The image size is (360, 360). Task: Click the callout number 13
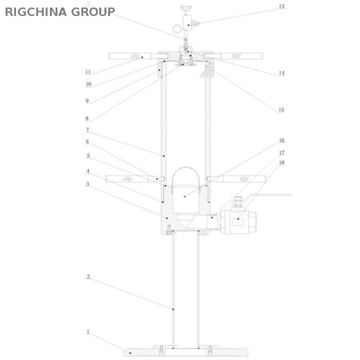pyautogui.click(x=282, y=7)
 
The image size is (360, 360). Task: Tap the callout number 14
pyautogui.click(x=281, y=73)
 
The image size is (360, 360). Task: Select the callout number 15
pyautogui.click(x=281, y=110)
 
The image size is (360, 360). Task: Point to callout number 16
pyautogui.click(x=281, y=141)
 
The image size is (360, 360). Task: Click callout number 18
pyautogui.click(x=281, y=163)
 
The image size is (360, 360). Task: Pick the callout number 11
pyautogui.click(x=88, y=72)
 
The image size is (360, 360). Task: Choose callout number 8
pyautogui.click(x=87, y=119)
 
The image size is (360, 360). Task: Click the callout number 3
pyautogui.click(x=87, y=184)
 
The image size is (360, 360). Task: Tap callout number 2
pyautogui.click(x=88, y=277)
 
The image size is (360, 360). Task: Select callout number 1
pyautogui.click(x=88, y=332)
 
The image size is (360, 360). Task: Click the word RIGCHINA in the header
pyautogui.click(x=35, y=12)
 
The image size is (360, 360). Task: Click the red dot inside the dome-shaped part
pyautogui.click(x=185, y=195)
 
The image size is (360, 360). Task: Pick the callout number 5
pyautogui.click(x=88, y=155)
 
